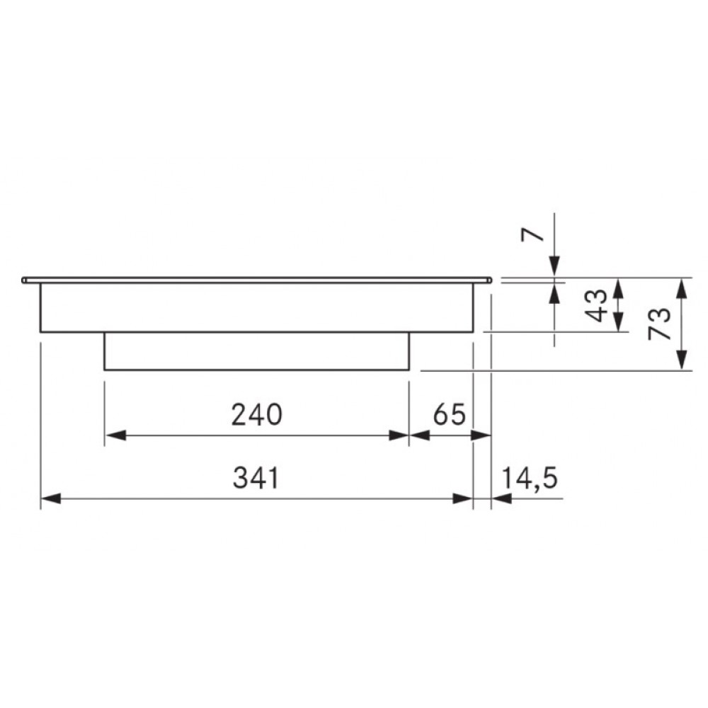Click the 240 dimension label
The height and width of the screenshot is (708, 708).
(x=256, y=414)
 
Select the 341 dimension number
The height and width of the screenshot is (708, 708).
(x=256, y=478)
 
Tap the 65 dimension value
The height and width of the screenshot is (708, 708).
(x=449, y=414)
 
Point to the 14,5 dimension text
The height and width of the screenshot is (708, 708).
(x=529, y=478)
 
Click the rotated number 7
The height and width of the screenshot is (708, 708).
(x=532, y=235)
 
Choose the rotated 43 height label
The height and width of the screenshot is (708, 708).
(x=598, y=305)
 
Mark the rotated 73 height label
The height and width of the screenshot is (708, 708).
(x=660, y=324)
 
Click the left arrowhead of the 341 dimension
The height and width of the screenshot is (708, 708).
(x=50, y=498)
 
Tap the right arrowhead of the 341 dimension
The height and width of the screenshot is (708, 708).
(x=463, y=498)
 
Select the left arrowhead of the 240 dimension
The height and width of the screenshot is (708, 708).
(x=115, y=435)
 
